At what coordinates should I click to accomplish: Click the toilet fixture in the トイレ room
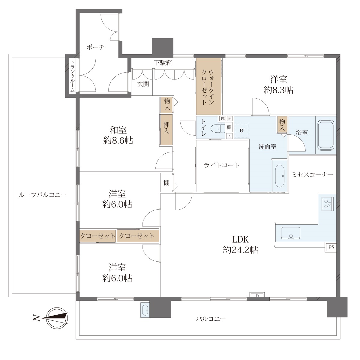coord(218,128)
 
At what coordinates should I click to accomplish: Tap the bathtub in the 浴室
coord(326,135)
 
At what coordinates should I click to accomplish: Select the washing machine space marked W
coord(241,130)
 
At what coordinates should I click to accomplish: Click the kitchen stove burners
coord(327,204)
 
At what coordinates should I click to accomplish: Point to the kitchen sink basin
coord(291,233)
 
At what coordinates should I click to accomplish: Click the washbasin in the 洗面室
coord(280,176)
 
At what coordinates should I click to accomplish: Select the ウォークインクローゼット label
coord(208,87)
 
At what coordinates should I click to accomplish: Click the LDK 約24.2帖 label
coord(240,244)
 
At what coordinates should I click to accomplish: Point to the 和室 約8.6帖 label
coord(118,135)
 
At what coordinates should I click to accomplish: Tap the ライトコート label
coord(222,165)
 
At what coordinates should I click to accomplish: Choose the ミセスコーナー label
coord(312,175)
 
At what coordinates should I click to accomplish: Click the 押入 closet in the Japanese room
coord(166,130)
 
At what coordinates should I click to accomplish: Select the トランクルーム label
coord(73,76)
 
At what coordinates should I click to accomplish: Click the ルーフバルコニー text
coord(42,195)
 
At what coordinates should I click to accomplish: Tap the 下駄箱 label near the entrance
coord(163,63)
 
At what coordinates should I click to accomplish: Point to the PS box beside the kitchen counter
coord(331,247)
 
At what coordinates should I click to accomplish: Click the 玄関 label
coord(143,84)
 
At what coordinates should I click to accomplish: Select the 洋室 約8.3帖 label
coord(278,84)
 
